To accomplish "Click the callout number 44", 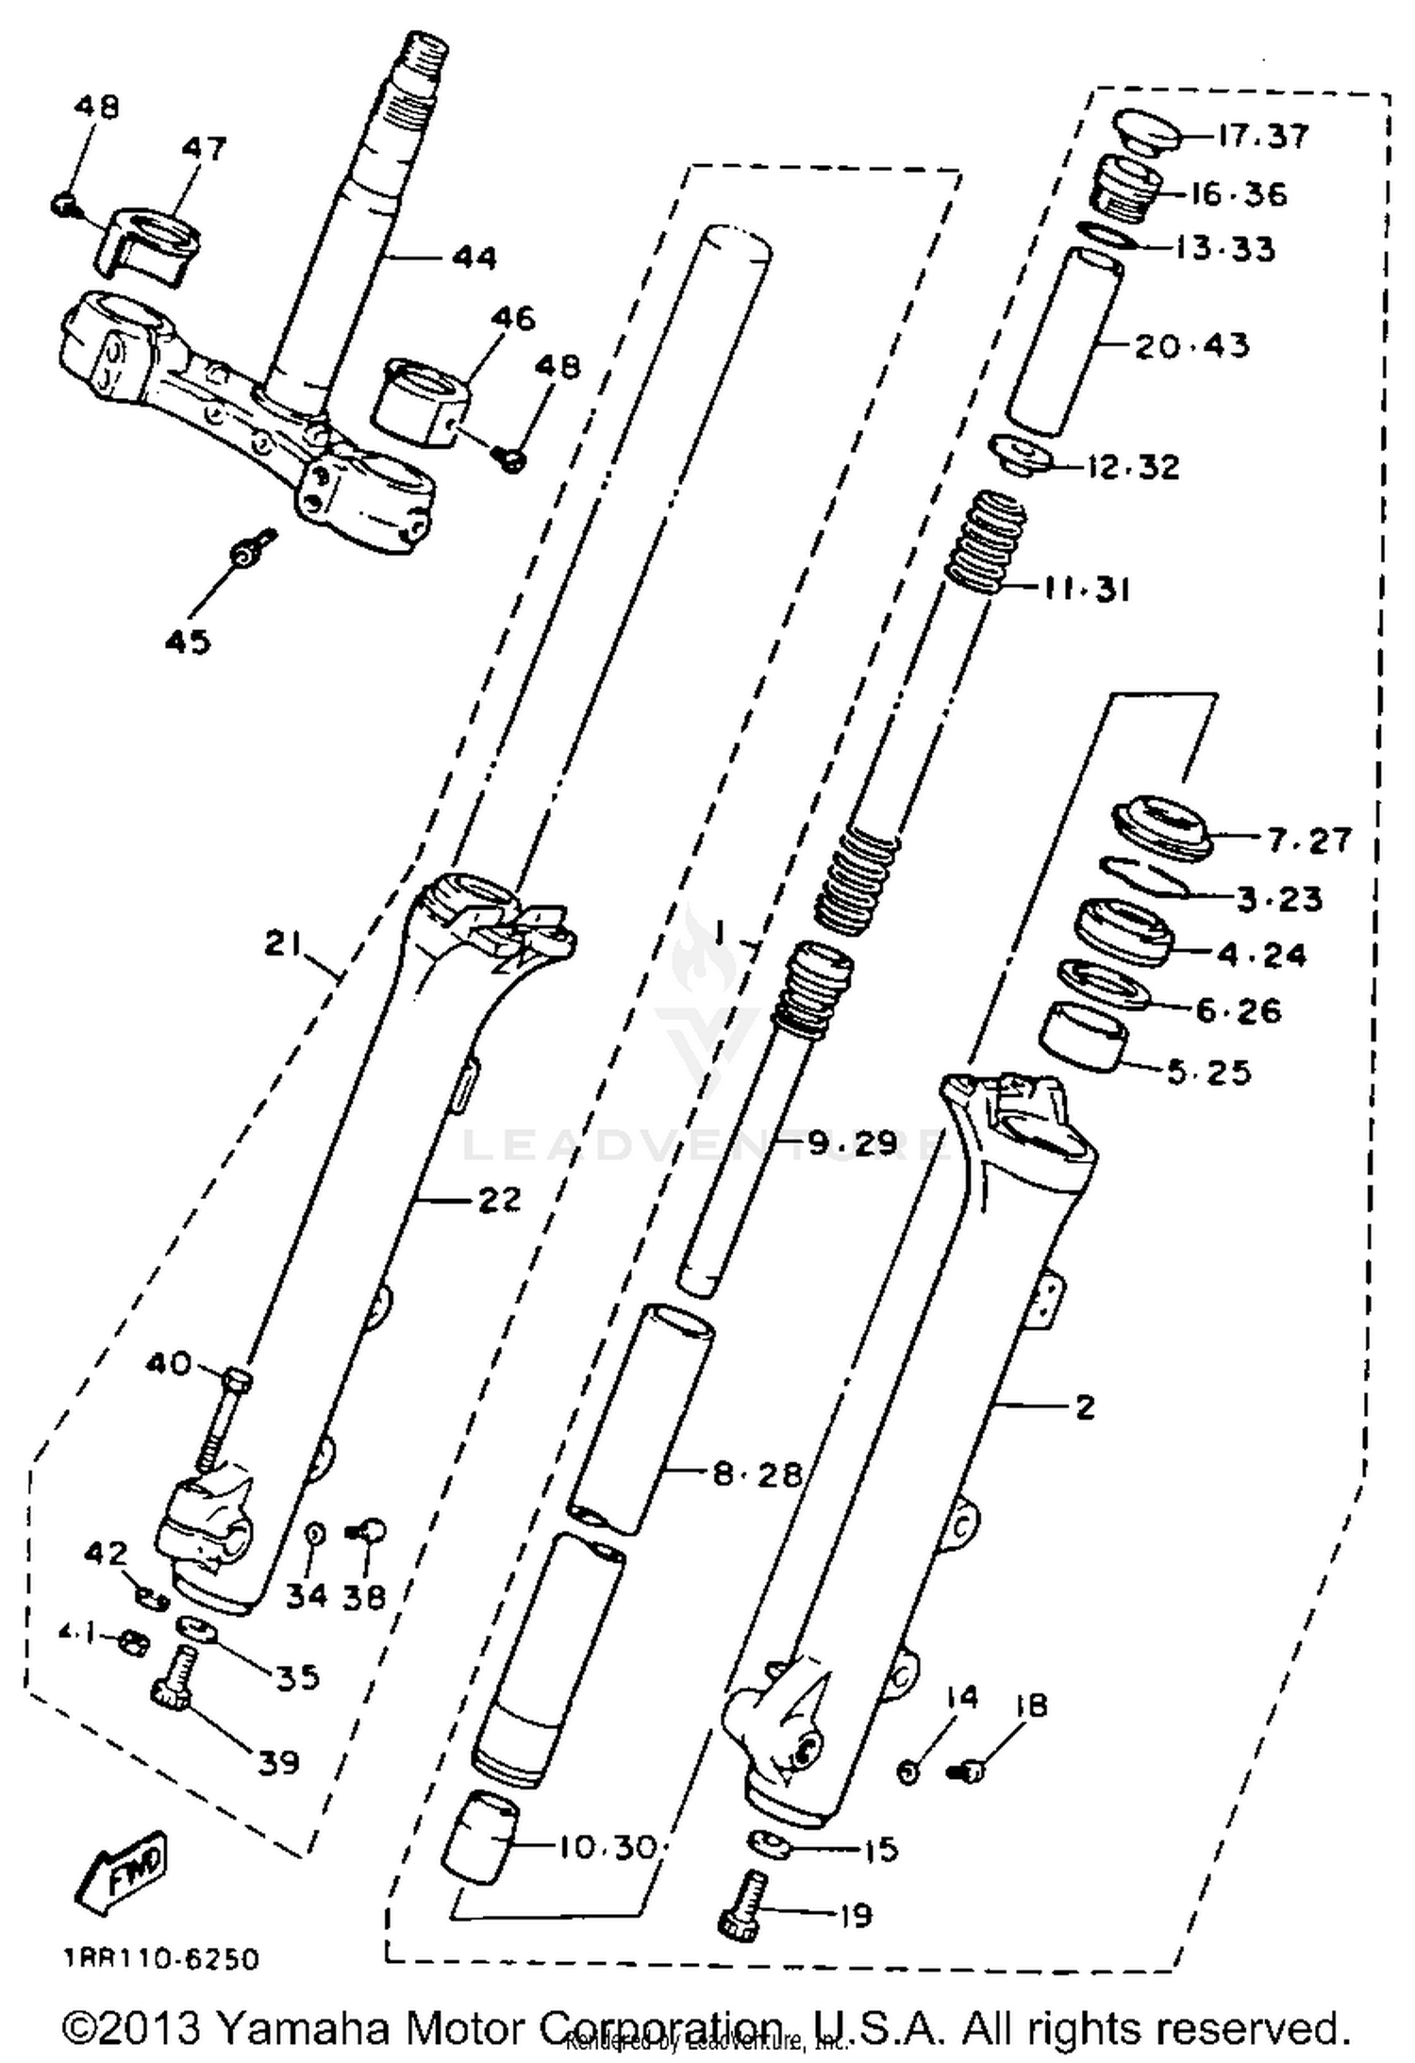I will point(474,257).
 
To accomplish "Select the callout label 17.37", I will point(1262,136).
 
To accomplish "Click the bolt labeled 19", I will point(743,1906).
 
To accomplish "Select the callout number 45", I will point(188,641).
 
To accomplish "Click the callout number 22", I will point(498,1200).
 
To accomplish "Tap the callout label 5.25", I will point(1208,1072).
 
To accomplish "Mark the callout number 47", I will point(205,148).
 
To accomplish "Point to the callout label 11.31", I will point(1088,590).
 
